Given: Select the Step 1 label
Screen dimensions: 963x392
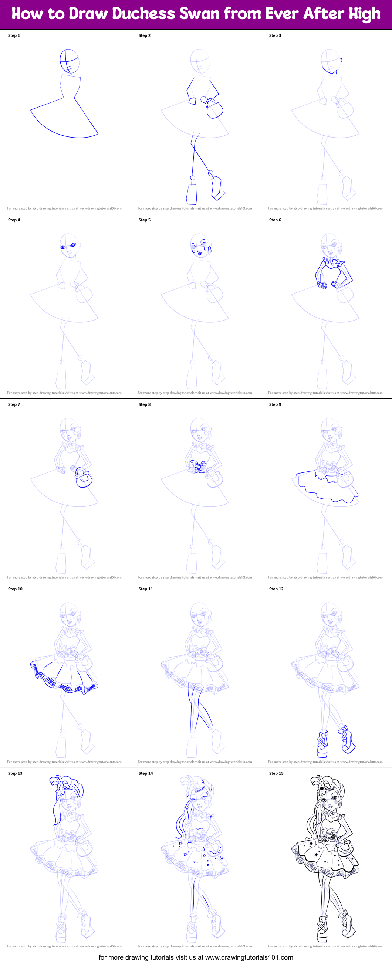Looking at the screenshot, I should tap(14, 35).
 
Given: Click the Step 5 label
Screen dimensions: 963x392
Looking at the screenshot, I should tap(144, 220).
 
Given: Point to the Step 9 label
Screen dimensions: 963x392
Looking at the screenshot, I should tap(275, 404).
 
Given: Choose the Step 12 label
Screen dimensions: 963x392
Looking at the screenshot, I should tap(276, 589).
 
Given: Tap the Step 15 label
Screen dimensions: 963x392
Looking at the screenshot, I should tap(276, 773).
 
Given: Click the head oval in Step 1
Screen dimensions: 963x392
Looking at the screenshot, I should tap(70, 61).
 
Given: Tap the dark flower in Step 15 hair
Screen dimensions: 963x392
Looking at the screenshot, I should tap(322, 789).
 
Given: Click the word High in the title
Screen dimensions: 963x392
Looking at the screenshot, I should tap(364, 14).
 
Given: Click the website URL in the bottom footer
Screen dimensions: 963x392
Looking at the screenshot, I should tap(249, 957).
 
